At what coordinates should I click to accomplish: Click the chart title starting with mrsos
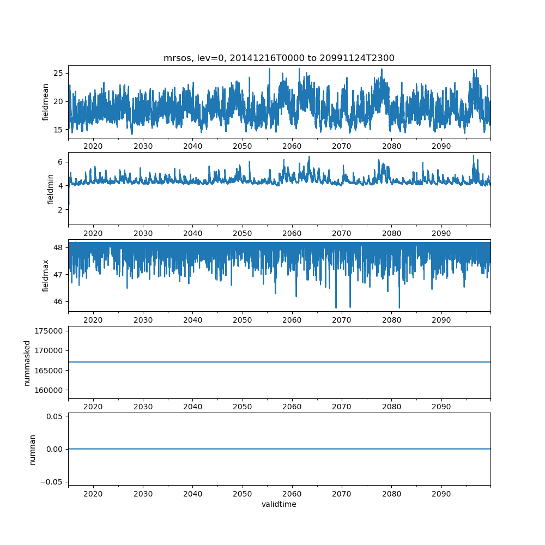coord(279,58)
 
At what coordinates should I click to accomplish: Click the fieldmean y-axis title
coord(46,102)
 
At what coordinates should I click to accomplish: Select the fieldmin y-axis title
coord(50,189)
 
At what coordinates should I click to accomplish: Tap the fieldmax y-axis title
coord(46,275)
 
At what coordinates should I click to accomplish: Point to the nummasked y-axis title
coord(27,362)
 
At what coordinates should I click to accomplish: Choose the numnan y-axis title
coord(32,449)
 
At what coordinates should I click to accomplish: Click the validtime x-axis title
coord(279,505)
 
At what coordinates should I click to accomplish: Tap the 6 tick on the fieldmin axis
coord(60,162)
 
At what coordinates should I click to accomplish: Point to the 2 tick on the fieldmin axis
coord(60,210)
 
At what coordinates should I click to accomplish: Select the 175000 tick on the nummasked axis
coord(50,331)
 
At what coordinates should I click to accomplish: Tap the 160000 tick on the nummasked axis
coord(50,390)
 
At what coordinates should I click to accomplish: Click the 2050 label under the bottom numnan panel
coord(243,494)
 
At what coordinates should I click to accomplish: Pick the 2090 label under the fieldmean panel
coord(441,147)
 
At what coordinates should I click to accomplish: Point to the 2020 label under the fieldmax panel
coord(93,320)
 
